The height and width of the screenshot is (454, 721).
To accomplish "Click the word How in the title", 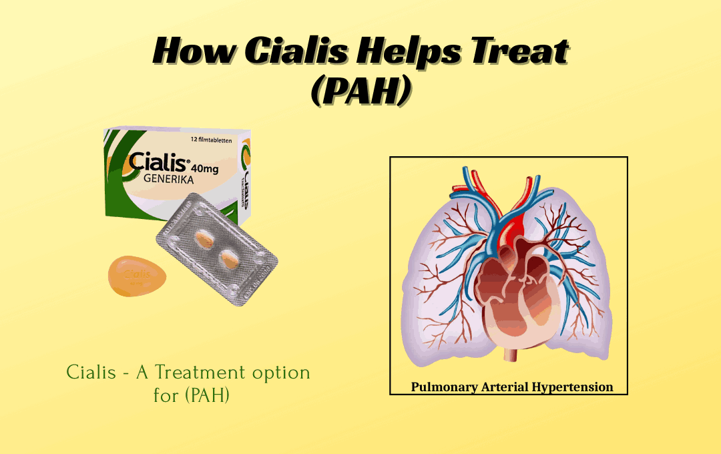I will [192, 51].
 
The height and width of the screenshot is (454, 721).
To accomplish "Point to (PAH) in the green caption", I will [209, 395].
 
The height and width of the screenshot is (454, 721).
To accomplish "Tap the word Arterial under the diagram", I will [506, 387].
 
